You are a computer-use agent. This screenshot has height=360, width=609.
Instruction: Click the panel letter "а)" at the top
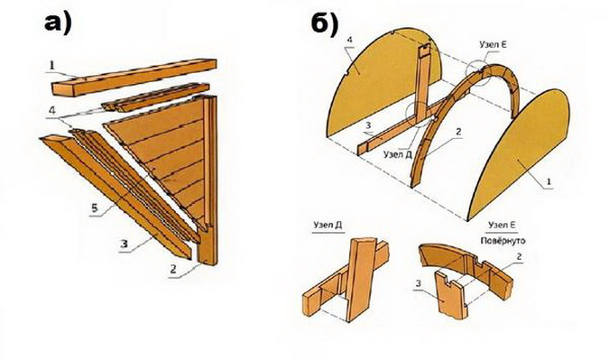coord(59,23)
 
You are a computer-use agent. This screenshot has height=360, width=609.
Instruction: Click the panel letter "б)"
coord(325,24)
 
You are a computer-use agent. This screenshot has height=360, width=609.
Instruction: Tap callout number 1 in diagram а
coord(51,65)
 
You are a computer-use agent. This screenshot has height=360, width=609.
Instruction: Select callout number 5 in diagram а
coord(95,208)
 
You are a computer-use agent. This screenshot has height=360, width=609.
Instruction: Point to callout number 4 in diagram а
coord(52,110)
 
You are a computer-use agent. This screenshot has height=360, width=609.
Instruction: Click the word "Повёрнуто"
coord(503,240)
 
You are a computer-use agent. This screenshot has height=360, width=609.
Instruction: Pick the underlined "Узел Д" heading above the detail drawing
coord(328,226)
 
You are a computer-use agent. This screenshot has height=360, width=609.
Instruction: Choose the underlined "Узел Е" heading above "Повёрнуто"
coord(503,225)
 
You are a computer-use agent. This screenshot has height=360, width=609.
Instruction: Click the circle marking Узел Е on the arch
coord(477,72)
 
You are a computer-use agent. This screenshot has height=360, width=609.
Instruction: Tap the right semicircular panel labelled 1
coord(519,154)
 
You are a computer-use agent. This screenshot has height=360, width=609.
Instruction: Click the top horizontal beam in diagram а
coord(134,77)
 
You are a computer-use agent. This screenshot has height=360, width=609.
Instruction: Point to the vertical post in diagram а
coord(208,182)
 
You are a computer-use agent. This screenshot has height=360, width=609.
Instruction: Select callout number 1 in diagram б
coord(549,181)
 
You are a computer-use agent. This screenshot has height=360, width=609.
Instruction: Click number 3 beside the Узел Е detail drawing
coord(419,284)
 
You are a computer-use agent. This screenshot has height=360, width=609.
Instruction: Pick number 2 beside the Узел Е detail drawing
coord(520,257)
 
